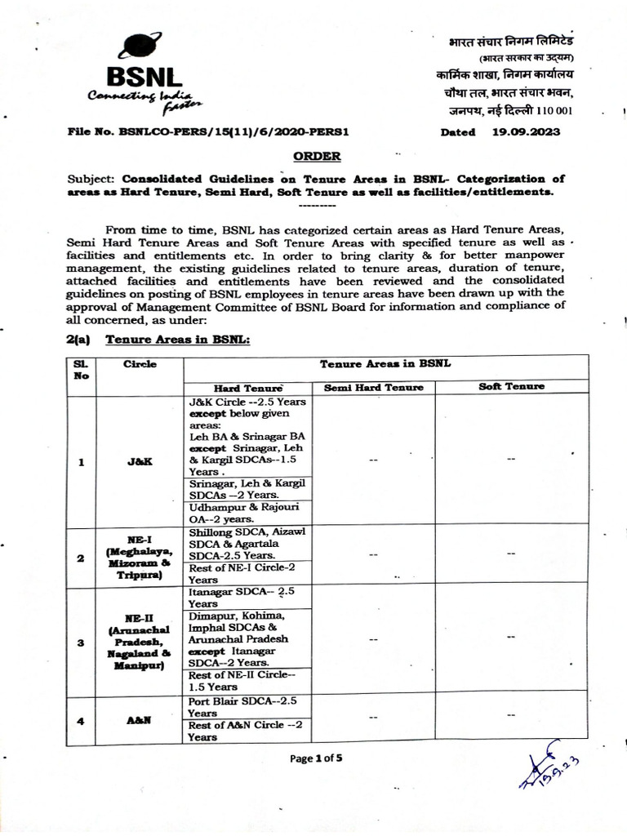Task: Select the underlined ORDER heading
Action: [313, 156]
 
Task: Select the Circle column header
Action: [140, 365]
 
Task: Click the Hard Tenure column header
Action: [247, 388]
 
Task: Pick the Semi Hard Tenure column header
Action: [373, 388]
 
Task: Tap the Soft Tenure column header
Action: [511, 386]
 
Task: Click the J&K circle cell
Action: [140, 461]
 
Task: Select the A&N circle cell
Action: [140, 719]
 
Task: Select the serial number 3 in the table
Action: [82, 643]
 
